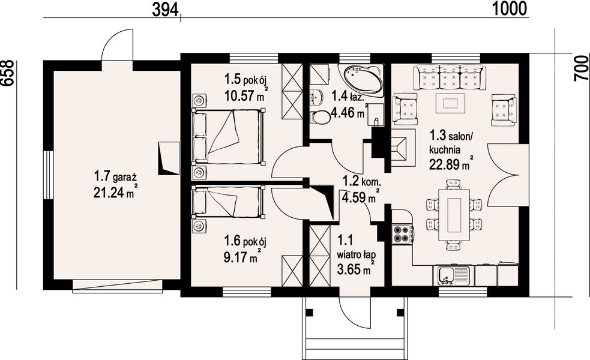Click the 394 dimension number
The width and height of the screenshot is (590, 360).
click(165, 10)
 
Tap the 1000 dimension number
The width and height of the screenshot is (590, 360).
click(510, 8)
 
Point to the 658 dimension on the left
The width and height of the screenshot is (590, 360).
click(8, 73)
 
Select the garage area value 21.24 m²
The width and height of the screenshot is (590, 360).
click(115, 191)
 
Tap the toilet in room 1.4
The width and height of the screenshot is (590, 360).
click(320, 116)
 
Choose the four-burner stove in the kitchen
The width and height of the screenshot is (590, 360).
click(402, 233)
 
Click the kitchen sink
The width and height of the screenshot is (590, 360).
click(453, 276)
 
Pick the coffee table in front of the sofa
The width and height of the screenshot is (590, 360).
click(450, 103)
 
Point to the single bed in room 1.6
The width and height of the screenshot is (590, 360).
click(227, 202)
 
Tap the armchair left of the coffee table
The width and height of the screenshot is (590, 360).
click(405, 109)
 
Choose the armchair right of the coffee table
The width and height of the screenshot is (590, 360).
click(504, 109)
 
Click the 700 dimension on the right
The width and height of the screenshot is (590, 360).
click(581, 67)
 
